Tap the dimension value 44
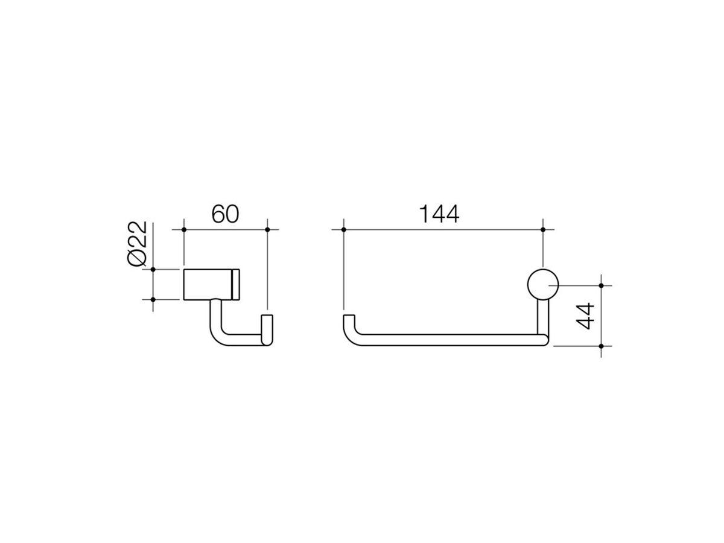pyautogui.click(x=586, y=315)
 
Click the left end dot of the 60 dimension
pyautogui.click(x=183, y=229)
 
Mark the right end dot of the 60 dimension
pyautogui.click(x=267, y=229)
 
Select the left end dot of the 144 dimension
pyautogui.click(x=343, y=229)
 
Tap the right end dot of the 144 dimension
pyautogui.click(x=543, y=229)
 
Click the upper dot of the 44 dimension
pyautogui.click(x=602, y=285)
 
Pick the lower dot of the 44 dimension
pyautogui.click(x=602, y=346)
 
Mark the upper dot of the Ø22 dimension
pyautogui.click(x=153, y=269)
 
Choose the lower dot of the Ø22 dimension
pyautogui.click(x=153, y=299)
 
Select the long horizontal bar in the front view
pyautogui.click(x=446, y=340)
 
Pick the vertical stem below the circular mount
pyautogui.click(x=542, y=317)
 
